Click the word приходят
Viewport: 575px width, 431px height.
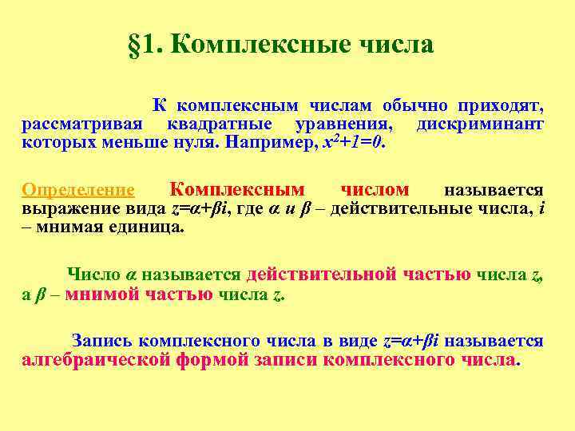click(x=501, y=105)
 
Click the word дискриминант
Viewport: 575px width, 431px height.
click(x=480, y=125)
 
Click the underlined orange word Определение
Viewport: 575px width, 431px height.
click(x=78, y=190)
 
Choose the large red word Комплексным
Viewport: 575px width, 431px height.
click(x=237, y=189)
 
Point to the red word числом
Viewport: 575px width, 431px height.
click(x=375, y=189)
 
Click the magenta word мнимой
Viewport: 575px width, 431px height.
click(x=101, y=294)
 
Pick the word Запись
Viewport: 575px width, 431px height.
click(x=99, y=341)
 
